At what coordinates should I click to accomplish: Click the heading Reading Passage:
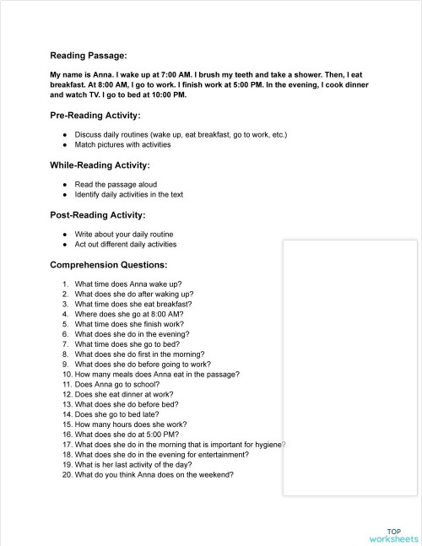coord(89,56)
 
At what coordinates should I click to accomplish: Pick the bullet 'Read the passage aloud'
coord(116,184)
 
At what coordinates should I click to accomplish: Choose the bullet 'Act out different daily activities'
coord(126,245)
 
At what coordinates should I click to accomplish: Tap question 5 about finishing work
coord(128,323)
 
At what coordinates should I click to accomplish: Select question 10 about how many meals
coord(156,374)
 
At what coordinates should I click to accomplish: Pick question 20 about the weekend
coord(154,474)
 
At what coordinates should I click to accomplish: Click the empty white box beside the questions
coord(350,363)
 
